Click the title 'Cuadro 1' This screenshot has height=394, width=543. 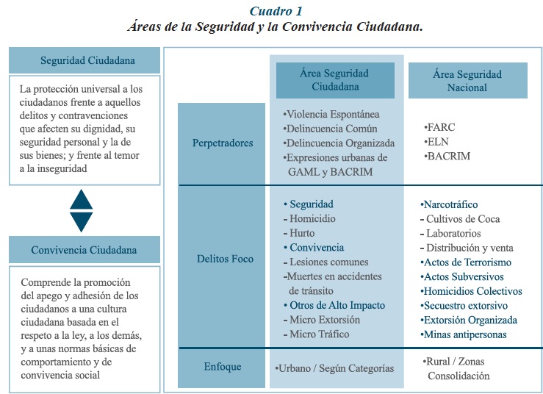click(x=276, y=10)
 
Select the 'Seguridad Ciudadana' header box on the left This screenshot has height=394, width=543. click(x=84, y=60)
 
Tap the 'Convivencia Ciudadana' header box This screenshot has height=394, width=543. click(x=84, y=250)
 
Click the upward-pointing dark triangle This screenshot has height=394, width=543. click(x=81, y=200)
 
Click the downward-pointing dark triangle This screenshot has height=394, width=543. click(x=81, y=221)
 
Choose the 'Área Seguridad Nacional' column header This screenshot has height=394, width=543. click(x=467, y=80)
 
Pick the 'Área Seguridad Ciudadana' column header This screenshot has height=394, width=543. click(x=334, y=79)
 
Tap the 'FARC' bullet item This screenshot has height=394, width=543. click(x=442, y=128)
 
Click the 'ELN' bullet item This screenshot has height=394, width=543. click(x=439, y=142)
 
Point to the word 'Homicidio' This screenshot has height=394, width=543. click(x=312, y=218)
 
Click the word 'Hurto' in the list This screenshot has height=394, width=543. click(x=302, y=233)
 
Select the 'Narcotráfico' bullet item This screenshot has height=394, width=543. click(x=450, y=204)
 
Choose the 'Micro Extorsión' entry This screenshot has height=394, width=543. click(x=324, y=320)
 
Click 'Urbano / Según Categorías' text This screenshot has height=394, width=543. click(x=334, y=368)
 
